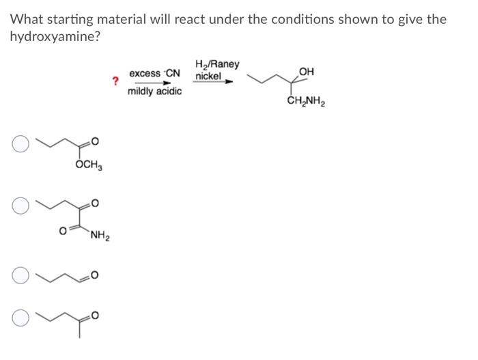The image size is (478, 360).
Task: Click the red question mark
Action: point(115,82)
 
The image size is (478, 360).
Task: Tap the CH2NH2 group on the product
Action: point(306,104)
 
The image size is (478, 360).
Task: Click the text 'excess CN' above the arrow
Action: point(154,73)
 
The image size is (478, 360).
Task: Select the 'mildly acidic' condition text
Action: point(154,92)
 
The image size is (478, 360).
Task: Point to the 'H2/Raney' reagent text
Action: point(217,64)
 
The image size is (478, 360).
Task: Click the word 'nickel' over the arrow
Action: point(208,76)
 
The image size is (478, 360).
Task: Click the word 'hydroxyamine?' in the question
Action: point(55,36)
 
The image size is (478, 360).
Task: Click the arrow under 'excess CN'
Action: point(154,83)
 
